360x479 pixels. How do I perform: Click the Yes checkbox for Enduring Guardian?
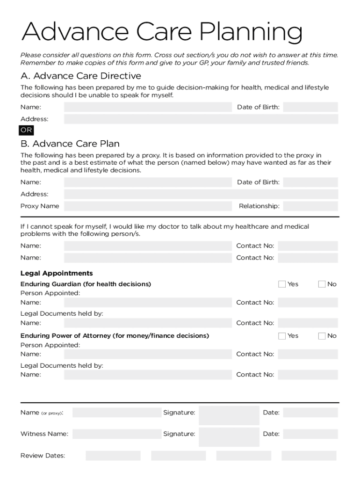pos(282,284)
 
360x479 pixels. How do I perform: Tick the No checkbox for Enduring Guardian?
pos(322,284)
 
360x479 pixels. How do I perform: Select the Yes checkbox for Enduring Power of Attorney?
pos(282,336)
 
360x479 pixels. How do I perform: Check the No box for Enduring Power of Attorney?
pos(322,336)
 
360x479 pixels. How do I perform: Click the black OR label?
pos(26,131)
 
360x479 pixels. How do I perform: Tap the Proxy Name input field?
pos(148,206)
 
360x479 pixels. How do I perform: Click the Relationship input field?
pos(310,206)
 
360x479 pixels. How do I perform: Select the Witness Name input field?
pos(116,434)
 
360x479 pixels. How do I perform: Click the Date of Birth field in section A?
pos(310,107)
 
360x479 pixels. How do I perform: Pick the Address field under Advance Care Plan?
pos(201,194)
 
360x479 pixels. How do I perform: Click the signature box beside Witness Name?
pos(229,434)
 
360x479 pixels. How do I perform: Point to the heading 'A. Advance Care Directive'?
pos(80,76)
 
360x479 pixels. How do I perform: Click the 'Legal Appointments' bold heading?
pos(57,273)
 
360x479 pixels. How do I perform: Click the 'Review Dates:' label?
pos(43,456)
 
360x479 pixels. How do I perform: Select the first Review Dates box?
pos(113,456)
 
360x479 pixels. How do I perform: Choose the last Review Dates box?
pos(309,456)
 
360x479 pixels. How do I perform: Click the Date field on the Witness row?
pos(310,434)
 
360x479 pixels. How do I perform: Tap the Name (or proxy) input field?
pos(116,413)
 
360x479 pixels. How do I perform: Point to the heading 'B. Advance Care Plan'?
pos(70,144)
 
